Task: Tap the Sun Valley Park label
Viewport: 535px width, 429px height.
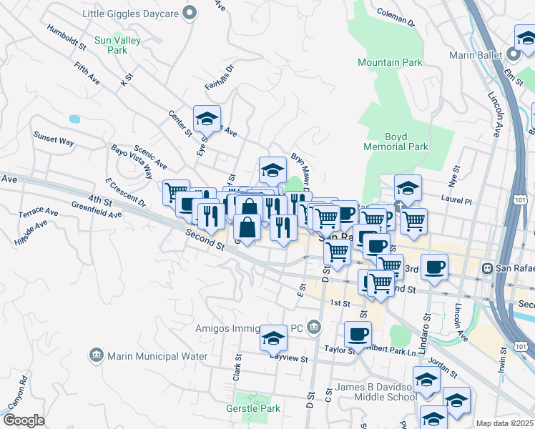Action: click(x=117, y=46)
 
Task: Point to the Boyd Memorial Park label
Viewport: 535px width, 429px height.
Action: click(x=396, y=142)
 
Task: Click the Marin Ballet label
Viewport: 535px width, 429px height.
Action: click(x=476, y=54)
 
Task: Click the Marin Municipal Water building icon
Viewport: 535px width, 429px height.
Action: click(x=96, y=355)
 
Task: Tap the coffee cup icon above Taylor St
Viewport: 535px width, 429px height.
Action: click(x=358, y=332)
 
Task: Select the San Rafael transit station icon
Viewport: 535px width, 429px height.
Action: click(x=488, y=268)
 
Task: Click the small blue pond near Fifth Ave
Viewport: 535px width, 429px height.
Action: click(x=74, y=119)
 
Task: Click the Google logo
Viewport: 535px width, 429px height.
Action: click(x=24, y=420)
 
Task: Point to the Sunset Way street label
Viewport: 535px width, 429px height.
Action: click(x=54, y=138)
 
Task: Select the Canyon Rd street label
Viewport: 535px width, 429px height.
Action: click(x=15, y=393)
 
